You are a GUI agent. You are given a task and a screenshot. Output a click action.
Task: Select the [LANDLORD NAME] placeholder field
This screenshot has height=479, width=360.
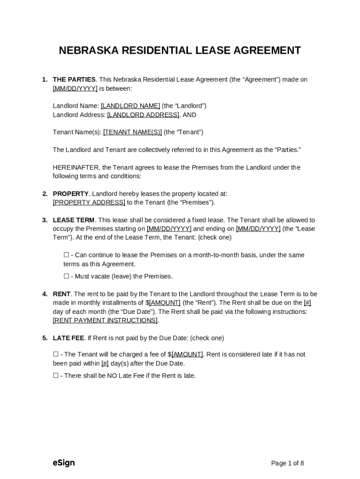(x=130, y=106)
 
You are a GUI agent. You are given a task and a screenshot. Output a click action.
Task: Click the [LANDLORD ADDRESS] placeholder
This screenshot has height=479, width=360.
(x=143, y=115)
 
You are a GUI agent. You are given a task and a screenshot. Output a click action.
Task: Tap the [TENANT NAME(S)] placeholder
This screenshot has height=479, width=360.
(x=132, y=132)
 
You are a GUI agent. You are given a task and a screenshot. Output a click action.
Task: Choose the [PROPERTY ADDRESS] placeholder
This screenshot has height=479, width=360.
(x=89, y=203)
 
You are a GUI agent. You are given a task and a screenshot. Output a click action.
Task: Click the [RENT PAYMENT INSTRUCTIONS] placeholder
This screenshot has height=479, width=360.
(x=105, y=320)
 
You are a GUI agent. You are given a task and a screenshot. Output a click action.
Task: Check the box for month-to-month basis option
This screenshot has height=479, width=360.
(x=66, y=255)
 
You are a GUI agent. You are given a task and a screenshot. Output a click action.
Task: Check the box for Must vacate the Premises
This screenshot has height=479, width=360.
(x=66, y=276)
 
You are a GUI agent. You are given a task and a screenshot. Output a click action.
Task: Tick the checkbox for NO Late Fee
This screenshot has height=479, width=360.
(x=56, y=376)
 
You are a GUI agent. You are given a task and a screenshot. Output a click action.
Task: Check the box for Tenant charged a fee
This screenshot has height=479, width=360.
(x=56, y=355)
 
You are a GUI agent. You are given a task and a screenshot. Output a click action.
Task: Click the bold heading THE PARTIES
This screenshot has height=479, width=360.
(x=74, y=80)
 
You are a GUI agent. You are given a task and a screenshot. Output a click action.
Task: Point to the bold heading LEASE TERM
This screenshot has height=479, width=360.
(x=73, y=220)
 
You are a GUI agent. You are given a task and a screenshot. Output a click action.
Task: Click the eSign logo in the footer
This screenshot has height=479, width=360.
(x=64, y=463)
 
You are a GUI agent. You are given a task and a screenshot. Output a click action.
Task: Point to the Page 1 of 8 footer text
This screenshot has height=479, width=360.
(x=288, y=464)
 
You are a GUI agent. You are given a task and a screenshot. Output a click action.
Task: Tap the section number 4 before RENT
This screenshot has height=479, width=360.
(x=44, y=294)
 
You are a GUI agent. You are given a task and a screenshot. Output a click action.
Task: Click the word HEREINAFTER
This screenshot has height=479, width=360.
(x=76, y=167)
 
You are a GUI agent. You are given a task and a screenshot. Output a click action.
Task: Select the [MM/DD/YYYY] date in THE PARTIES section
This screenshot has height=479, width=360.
(x=75, y=88)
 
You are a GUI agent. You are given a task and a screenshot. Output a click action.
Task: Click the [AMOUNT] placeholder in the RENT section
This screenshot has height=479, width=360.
(x=165, y=303)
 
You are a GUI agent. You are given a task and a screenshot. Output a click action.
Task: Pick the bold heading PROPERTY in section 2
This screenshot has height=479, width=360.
(x=71, y=194)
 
